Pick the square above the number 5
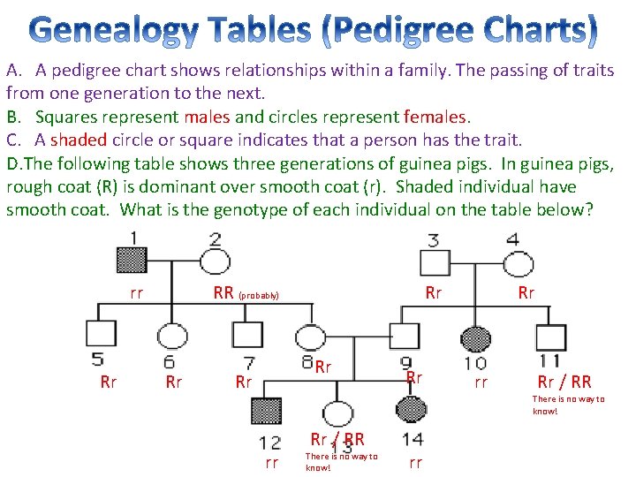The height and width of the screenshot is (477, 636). point(101,334)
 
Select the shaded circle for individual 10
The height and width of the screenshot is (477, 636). point(475,337)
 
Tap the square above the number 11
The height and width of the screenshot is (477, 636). point(550,337)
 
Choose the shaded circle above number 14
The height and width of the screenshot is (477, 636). point(411,410)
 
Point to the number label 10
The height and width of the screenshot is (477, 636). point(474,361)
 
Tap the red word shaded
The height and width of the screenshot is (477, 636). point(79,140)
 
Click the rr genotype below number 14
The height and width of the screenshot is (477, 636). point(415,463)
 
